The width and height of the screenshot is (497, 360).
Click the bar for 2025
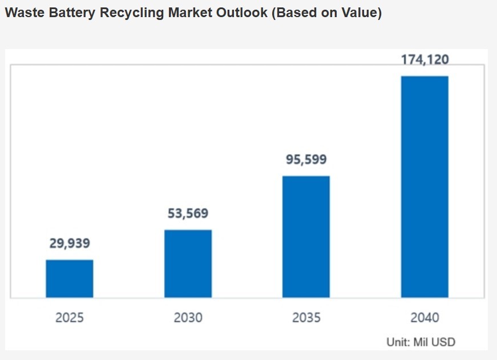click(x=70, y=278)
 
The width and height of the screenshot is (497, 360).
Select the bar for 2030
click(x=188, y=264)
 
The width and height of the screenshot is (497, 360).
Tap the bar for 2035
click(x=306, y=236)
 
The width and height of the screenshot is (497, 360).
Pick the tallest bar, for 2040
click(x=425, y=187)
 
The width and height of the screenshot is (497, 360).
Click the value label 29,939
click(x=70, y=244)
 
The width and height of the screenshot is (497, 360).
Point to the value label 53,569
click(x=188, y=214)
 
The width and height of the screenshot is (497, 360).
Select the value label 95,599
click(x=306, y=159)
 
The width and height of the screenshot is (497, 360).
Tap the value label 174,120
click(x=425, y=59)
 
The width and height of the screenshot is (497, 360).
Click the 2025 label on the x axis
click(x=70, y=317)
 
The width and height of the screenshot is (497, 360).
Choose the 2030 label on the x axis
click(x=188, y=317)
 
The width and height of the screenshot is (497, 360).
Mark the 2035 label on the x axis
click(x=306, y=317)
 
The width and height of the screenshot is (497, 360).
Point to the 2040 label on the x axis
click(x=425, y=317)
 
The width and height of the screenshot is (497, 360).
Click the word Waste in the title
click(x=23, y=13)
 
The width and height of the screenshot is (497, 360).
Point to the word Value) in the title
click(x=362, y=13)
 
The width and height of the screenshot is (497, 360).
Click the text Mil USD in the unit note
click(x=437, y=342)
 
